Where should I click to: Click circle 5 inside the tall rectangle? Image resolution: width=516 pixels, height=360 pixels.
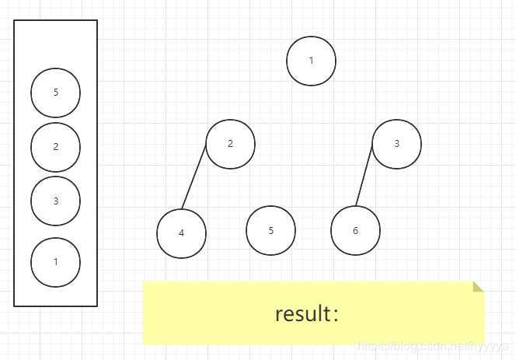[x=55, y=93]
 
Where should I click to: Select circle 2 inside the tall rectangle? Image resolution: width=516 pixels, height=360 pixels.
[x=55, y=146]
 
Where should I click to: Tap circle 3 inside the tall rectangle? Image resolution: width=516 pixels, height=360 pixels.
[x=55, y=201]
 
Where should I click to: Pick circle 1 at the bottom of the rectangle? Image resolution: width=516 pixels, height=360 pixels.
[x=55, y=261]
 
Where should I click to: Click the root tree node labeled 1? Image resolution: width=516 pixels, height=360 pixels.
[x=311, y=61]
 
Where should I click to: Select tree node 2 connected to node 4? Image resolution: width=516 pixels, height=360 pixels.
[x=230, y=143]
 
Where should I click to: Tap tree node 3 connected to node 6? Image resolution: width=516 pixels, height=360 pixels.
[x=396, y=143]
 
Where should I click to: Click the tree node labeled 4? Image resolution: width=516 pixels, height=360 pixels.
[x=181, y=232]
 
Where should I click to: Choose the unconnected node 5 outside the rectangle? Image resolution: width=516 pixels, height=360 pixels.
[x=270, y=230]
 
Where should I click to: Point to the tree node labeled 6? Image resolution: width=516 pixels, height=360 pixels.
[x=355, y=231]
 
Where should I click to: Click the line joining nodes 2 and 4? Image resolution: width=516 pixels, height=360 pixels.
[x=194, y=176]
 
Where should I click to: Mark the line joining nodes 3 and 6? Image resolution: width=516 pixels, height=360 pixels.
[x=364, y=176]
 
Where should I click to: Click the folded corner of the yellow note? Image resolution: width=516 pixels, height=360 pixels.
[x=478, y=286]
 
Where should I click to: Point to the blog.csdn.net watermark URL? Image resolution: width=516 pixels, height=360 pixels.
[x=431, y=344]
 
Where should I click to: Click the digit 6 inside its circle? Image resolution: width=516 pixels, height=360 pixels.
[x=355, y=231]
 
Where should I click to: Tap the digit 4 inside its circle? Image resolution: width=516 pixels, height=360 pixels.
[x=181, y=232]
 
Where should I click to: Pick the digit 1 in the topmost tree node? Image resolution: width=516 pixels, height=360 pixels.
[x=311, y=61]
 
